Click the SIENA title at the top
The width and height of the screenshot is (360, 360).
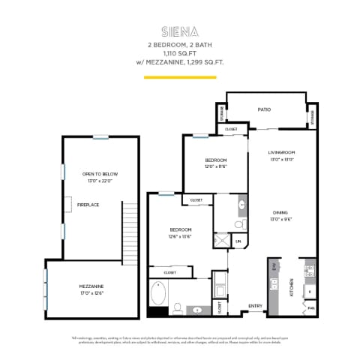pos(179,31)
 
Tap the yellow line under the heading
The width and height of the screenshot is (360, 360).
pos(179,76)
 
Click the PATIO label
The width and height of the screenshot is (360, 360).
pos(264,109)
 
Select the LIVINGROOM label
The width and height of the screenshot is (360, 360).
pos(283,152)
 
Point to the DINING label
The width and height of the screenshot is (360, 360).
pos(280,213)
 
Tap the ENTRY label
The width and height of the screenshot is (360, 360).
pos(256,305)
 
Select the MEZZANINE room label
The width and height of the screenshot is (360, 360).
pos(91,286)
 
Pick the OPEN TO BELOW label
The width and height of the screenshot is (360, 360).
pos(100,174)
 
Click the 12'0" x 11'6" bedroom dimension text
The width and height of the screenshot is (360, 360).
pos(216,167)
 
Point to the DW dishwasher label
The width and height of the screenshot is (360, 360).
pos(274,266)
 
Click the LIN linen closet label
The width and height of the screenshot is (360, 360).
pos(238,241)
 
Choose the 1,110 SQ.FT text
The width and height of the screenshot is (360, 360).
pos(179,54)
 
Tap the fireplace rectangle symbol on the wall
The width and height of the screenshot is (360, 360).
pos(68,204)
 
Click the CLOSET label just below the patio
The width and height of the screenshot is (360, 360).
pos(231,129)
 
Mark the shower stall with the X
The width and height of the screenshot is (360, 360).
pos(223,241)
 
